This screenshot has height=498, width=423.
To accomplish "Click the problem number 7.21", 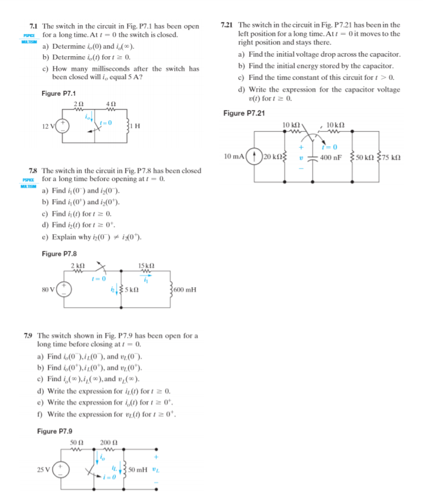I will coord(227,25).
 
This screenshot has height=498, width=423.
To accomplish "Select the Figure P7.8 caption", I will coord(59,254).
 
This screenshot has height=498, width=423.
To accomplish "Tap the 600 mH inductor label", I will coord(185,290).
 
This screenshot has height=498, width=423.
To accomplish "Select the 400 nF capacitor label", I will coord(333,157).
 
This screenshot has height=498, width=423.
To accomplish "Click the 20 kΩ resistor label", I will coord(274,157).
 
